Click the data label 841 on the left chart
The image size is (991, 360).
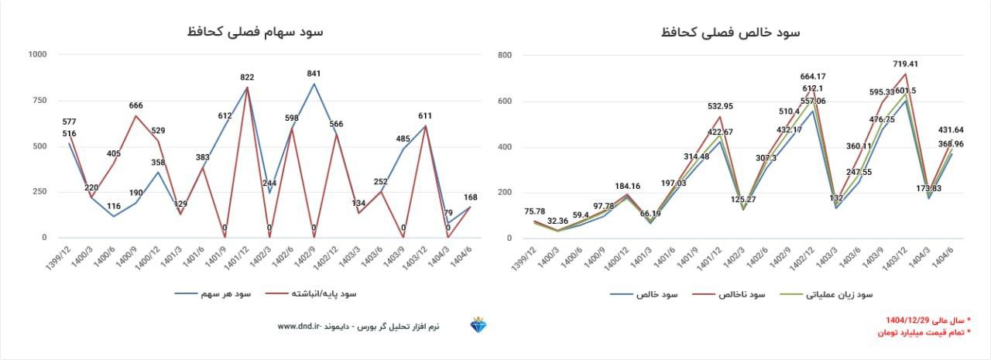pyautogui.click(x=314, y=74)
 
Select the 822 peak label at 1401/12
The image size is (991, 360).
pyautogui.click(x=247, y=77)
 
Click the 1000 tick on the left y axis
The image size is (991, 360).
pyautogui.click(x=36, y=54)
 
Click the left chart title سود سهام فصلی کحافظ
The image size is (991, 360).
pyautogui.click(x=255, y=32)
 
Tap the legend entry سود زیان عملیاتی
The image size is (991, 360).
pyautogui.click(x=839, y=295)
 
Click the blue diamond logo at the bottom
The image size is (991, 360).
pyautogui.click(x=478, y=325)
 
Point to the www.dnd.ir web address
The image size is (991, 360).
pyautogui.click(x=298, y=327)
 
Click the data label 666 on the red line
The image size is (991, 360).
pyautogui.click(x=136, y=105)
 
